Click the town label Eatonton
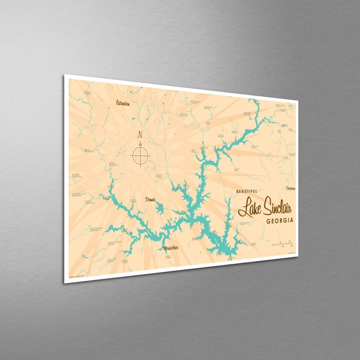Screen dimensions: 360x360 [122, 103]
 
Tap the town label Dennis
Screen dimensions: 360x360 [150, 200]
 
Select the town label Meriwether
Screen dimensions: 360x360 [171, 248]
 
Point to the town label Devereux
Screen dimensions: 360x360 [290, 188]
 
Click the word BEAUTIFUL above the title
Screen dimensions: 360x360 [247, 191]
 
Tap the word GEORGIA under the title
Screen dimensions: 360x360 [280, 220]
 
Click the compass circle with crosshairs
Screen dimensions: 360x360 [140, 155]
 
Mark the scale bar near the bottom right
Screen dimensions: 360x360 [283, 245]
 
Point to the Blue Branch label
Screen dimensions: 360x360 [89, 151]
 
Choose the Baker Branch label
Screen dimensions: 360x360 [76, 175]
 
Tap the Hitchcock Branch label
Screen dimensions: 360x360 [79, 194]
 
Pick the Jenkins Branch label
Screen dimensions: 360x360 [235, 132]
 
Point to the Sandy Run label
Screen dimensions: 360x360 [237, 170]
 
